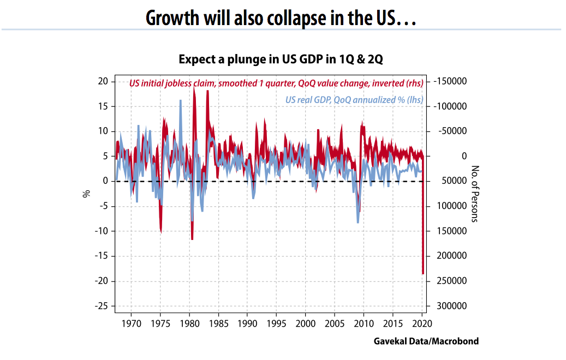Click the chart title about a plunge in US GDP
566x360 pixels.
(x=281, y=59)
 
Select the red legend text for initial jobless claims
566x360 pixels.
(x=276, y=83)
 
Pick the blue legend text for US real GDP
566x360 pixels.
(x=354, y=100)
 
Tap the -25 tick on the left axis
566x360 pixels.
(x=102, y=307)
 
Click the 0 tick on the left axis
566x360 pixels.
(x=106, y=181)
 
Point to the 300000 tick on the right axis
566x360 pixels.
(x=452, y=307)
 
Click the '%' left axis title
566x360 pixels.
(x=86, y=194)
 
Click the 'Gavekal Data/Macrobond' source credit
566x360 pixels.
(x=426, y=341)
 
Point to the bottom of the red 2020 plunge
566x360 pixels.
(x=422, y=273)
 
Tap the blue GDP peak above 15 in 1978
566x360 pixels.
(x=181, y=101)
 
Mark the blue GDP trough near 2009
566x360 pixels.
(x=358, y=222)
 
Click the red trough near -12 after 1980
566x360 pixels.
(x=192, y=238)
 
